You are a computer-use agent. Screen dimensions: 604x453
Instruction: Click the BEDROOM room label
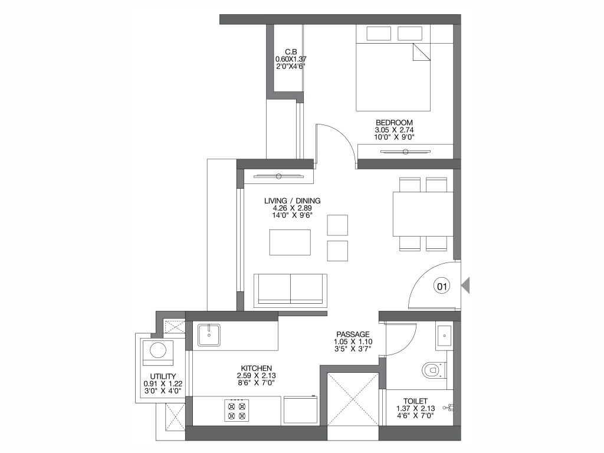(x=394, y=123)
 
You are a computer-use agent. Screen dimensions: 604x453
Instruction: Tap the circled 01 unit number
(x=442, y=286)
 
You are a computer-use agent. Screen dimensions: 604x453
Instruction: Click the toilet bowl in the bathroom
(x=434, y=370)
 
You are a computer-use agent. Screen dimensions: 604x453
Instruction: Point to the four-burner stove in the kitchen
(x=237, y=411)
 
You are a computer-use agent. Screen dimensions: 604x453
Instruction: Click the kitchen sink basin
(x=209, y=335)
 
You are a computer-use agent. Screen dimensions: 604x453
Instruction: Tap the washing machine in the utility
(x=158, y=352)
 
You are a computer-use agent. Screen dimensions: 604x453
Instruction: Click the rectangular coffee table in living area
(x=290, y=242)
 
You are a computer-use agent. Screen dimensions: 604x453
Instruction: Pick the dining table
(x=423, y=214)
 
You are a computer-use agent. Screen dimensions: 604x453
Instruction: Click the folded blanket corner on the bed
(x=421, y=52)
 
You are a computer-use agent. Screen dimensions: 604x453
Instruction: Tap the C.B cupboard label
(x=291, y=52)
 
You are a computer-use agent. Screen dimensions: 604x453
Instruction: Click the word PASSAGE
(x=353, y=334)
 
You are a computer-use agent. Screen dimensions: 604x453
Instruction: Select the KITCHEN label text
(x=257, y=368)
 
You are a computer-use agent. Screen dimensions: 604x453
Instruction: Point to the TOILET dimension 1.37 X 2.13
(x=416, y=408)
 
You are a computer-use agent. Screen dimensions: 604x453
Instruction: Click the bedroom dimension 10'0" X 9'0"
(x=394, y=137)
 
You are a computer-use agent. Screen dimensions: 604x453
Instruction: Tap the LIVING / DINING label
(x=293, y=201)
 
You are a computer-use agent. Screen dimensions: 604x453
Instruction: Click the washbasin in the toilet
(x=445, y=336)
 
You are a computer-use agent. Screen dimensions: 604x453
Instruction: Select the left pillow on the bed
(x=379, y=34)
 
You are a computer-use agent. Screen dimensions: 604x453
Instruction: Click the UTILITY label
(x=163, y=376)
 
